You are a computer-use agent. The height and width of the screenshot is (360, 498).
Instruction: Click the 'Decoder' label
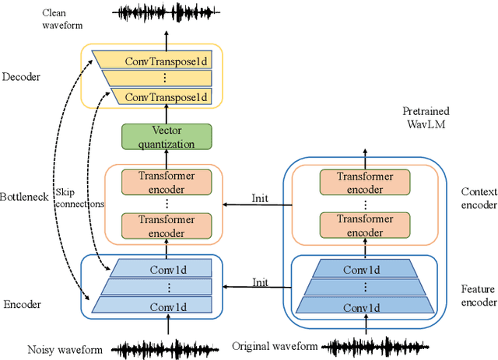(22, 77)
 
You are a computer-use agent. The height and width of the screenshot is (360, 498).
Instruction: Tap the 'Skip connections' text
(79, 197)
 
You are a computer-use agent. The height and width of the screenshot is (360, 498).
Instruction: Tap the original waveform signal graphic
(366, 346)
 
